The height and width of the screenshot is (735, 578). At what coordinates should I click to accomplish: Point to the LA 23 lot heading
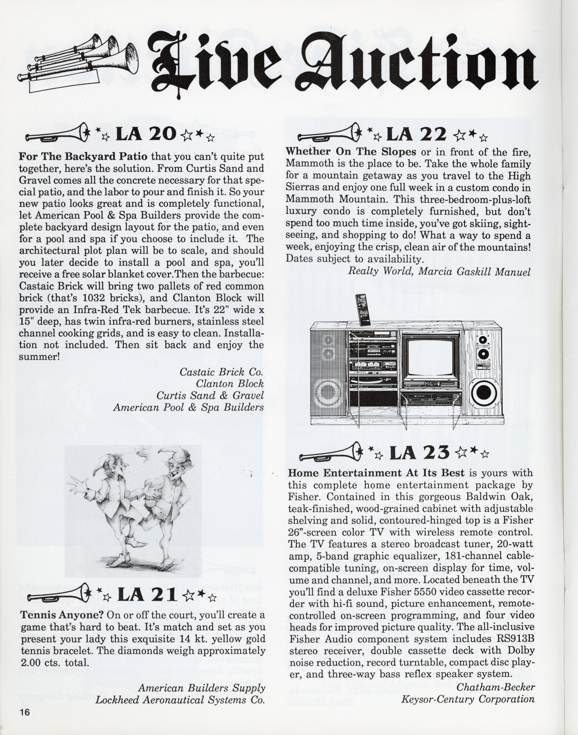tap(420, 453)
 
